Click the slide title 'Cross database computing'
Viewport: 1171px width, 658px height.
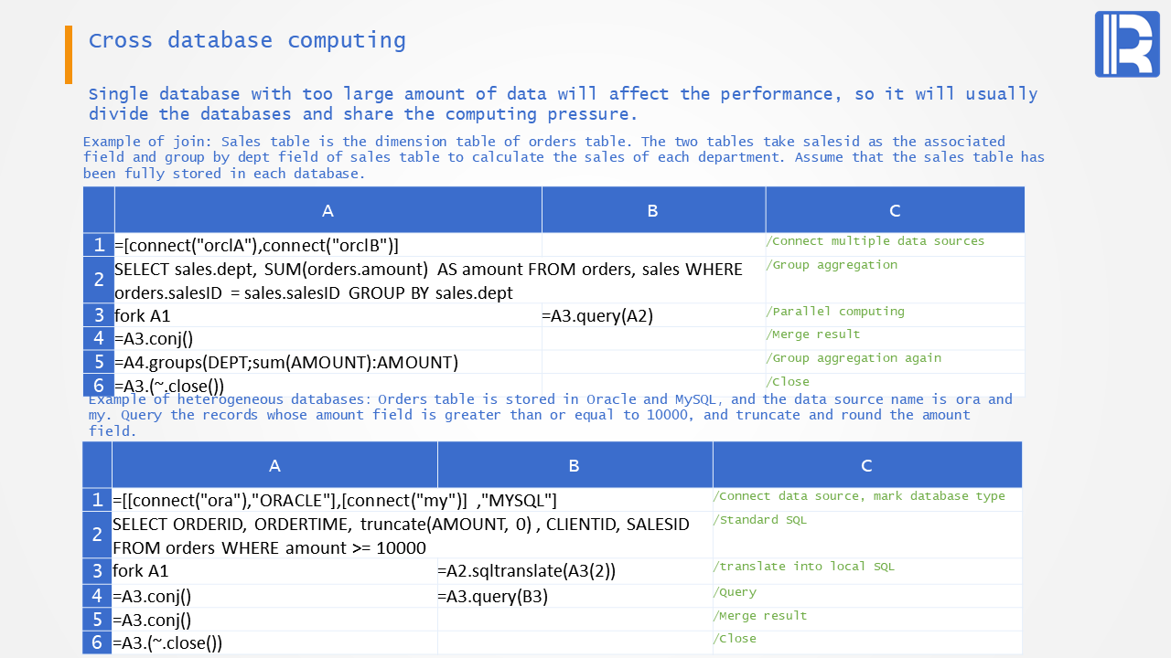pos(247,41)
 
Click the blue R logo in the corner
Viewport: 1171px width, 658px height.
pos(1127,45)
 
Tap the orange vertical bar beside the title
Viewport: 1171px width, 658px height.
pos(69,54)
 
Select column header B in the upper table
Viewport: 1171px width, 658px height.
pos(653,210)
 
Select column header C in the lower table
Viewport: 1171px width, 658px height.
pos(866,465)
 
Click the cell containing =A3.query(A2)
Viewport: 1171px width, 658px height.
pos(653,315)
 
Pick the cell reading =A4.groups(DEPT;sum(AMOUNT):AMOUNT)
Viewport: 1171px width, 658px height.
pos(328,362)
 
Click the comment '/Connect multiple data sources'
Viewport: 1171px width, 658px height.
pos(876,241)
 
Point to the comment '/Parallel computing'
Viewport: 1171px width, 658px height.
pos(835,312)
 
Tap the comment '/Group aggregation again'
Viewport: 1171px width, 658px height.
pos(854,358)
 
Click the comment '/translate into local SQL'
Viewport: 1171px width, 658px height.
pos(803,567)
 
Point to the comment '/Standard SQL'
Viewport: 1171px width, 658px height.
pos(759,520)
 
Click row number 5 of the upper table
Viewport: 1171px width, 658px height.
pos(98,362)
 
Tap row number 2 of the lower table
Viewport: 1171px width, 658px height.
pos(97,535)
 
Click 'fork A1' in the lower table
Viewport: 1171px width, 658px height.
pos(141,571)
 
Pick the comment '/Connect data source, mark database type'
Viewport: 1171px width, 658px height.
pos(859,496)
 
